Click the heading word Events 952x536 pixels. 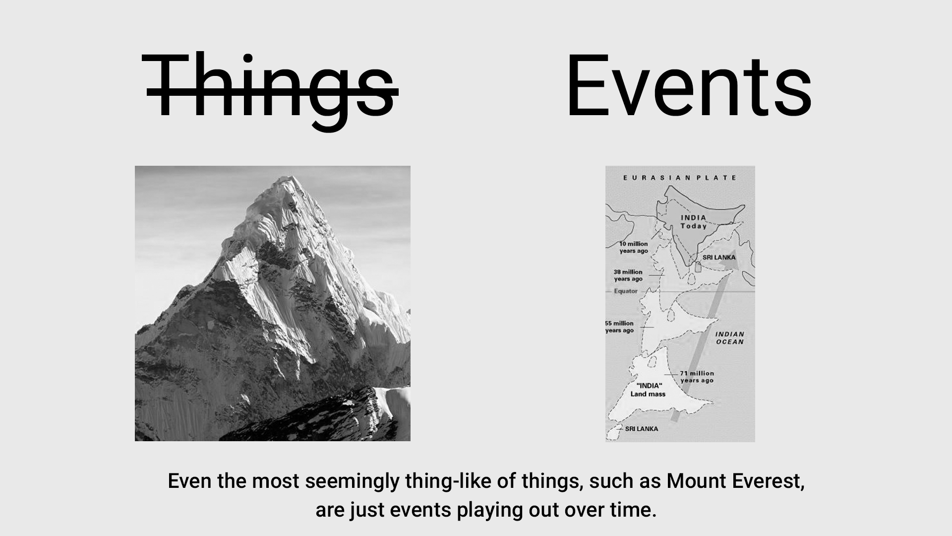[689, 86]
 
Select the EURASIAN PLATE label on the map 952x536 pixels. [680, 178]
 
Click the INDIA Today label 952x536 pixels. [694, 222]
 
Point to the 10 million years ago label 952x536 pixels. [634, 247]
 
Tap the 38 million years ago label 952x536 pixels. [628, 275]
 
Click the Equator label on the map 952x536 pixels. [626, 291]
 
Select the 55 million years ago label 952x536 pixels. [620, 327]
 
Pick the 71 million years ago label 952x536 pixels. [697, 377]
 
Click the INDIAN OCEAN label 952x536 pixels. [730, 338]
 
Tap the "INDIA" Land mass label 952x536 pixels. [648, 390]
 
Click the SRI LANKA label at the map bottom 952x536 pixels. [642, 429]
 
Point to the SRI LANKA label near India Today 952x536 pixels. [719, 257]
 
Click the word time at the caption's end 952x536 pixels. [635, 510]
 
